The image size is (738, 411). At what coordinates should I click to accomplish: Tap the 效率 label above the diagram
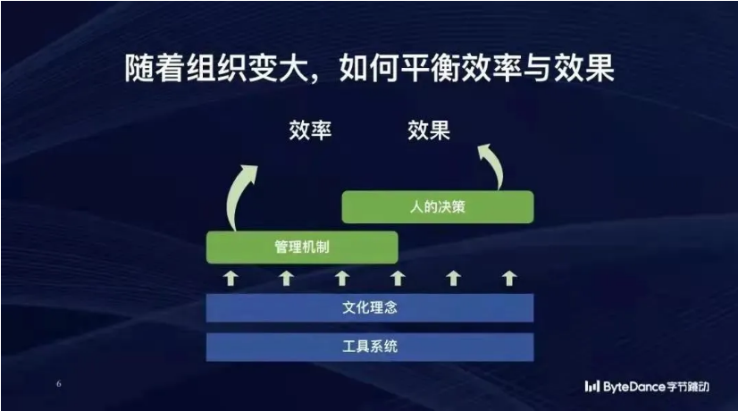coord(310,130)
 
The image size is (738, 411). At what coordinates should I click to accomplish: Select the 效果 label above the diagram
coord(429,130)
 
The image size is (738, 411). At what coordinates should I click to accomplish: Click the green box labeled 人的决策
coord(438,206)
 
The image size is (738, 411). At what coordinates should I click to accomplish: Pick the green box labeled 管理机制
coord(302,247)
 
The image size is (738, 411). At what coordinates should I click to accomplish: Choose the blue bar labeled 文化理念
coord(370,308)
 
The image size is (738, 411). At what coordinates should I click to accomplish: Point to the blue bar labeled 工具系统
coord(370,347)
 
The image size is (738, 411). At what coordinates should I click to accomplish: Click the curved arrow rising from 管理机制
coord(235,197)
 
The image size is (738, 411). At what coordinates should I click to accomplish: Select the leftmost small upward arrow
coord(231,278)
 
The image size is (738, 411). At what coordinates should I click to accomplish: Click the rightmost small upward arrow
coord(508,278)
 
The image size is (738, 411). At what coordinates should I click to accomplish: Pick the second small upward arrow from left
coord(286,278)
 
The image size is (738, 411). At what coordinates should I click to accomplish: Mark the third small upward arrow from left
coord(342,278)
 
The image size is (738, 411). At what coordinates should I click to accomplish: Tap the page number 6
coord(59,383)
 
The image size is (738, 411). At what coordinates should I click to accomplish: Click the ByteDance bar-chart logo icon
coord(592,387)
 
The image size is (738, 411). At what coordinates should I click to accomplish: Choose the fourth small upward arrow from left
coord(398,278)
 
